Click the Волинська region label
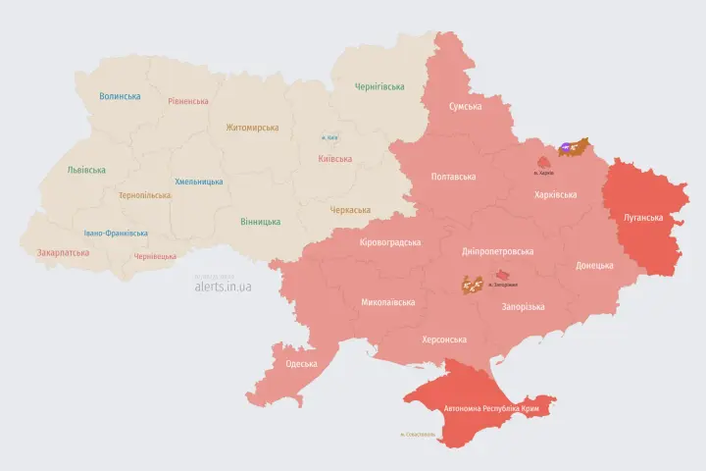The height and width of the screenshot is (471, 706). (120, 96)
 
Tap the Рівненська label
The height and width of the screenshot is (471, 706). (187, 101)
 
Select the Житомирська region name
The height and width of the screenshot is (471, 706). (252, 128)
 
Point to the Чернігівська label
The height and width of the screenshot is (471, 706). (379, 86)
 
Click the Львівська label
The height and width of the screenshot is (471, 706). (86, 170)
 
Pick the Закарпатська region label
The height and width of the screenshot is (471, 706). (63, 252)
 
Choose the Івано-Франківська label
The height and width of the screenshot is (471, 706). (116, 234)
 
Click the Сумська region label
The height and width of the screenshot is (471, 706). (465, 106)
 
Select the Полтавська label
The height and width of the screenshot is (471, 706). (453, 178)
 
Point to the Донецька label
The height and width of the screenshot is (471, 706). (594, 265)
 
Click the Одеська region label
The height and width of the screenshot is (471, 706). (301, 364)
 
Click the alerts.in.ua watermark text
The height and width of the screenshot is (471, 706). (223, 288)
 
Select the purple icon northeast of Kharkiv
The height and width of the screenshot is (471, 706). (569, 150)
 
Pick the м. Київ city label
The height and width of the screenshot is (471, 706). (330, 137)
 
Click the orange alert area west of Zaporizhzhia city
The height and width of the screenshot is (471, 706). (473, 286)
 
